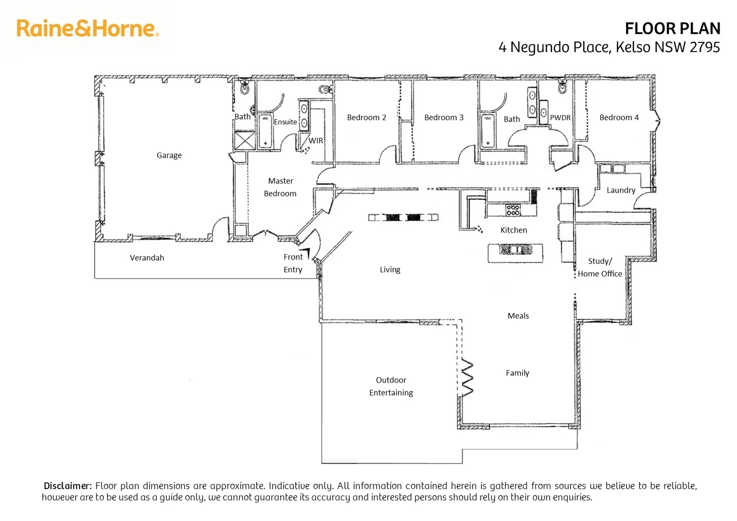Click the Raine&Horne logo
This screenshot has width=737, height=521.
[87, 28]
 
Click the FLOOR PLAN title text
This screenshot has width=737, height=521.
[672, 29]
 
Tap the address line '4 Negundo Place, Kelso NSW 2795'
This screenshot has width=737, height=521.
[609, 47]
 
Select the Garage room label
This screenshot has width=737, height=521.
[169, 155]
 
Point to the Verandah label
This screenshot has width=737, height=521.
[147, 258]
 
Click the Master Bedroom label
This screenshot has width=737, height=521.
[280, 187]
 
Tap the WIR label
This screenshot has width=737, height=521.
[316, 141]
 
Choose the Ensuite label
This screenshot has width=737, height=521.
[285, 122]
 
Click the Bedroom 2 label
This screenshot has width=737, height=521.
[366, 118]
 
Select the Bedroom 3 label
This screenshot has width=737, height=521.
[444, 118]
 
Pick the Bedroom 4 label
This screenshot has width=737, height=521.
[619, 118]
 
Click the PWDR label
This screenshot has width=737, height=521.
[560, 118]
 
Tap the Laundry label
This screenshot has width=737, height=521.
[621, 190]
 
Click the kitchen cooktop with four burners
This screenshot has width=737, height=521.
[513, 210]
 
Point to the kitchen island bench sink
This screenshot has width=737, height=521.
[515, 249]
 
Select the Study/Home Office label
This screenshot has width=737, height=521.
[600, 267]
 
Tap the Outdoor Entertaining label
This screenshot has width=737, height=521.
[391, 386]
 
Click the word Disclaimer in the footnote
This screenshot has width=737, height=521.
[68, 486]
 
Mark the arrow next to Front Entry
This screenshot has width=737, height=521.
[306, 253]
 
